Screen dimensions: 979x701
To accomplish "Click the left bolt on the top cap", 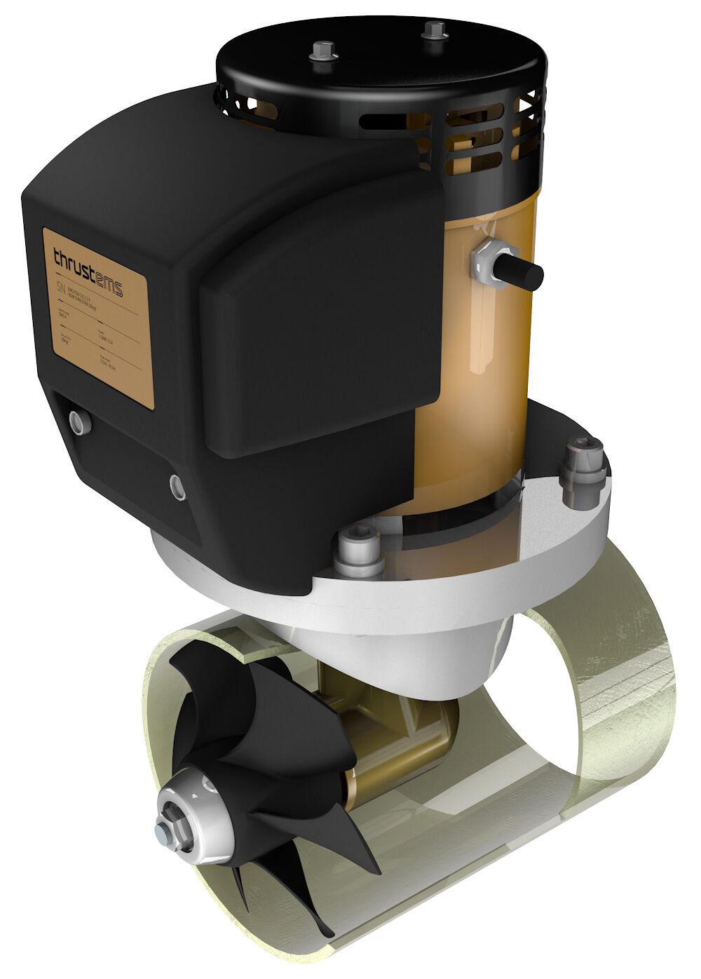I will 323,52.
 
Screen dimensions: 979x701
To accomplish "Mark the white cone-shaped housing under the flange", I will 435,645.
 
